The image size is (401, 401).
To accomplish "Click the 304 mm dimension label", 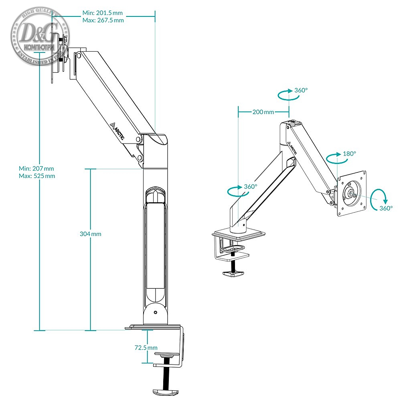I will pos(91,234).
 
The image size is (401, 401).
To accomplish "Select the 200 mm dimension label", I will pos(263,112).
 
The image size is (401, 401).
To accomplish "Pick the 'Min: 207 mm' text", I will pos(36,168).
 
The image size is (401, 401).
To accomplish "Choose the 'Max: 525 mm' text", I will pos(37,176).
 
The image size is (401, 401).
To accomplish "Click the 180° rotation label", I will pos(350,154).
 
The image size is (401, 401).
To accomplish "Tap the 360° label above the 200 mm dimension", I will pos(301,90).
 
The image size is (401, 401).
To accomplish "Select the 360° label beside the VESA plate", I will pos(386,209).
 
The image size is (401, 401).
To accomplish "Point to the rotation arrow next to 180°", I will pos(334,158).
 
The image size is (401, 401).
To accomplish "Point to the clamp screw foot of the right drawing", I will pos(234,274).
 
